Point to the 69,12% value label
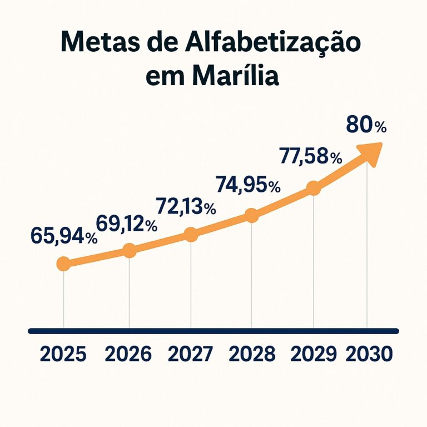[x=126, y=224]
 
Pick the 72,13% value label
[x=186, y=207]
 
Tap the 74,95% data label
[x=247, y=185]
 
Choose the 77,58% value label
[x=310, y=157]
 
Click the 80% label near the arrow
[x=365, y=126]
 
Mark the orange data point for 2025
[x=63, y=264]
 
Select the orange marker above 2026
[x=129, y=250]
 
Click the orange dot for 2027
[x=191, y=234]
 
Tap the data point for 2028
[x=252, y=216]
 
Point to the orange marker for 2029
[x=314, y=188]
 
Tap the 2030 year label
[x=369, y=354]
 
